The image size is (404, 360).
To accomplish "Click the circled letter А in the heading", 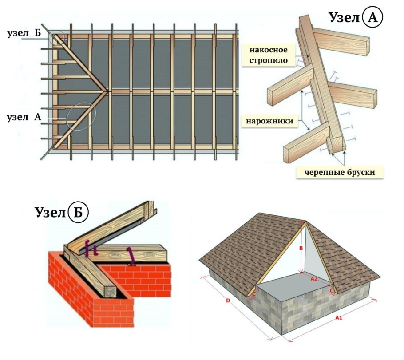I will pyautogui.click(x=373, y=17).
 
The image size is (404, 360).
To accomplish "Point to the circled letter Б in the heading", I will pyautogui.click(x=79, y=212).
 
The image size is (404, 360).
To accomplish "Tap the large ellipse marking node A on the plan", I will pyautogui.click(x=81, y=116).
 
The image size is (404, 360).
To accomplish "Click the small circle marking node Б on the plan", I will pyautogui.click(x=57, y=38).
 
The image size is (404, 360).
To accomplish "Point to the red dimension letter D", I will pyautogui.click(x=227, y=301).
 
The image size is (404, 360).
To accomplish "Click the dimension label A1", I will pyautogui.click(x=338, y=317).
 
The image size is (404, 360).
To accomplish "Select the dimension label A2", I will pyautogui.click(x=314, y=279).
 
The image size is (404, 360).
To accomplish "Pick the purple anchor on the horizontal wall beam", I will pyautogui.click(x=131, y=256).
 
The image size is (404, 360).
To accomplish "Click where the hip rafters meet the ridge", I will pyautogui.click(x=107, y=91).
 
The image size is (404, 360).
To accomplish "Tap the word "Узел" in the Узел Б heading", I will pyautogui.click(x=50, y=212).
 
